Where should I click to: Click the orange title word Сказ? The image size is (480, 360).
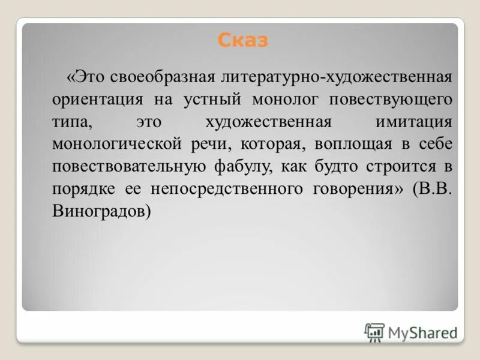242,41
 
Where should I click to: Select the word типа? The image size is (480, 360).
71,122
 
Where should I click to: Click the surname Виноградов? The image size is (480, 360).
100,211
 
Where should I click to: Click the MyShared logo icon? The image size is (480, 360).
374,332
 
